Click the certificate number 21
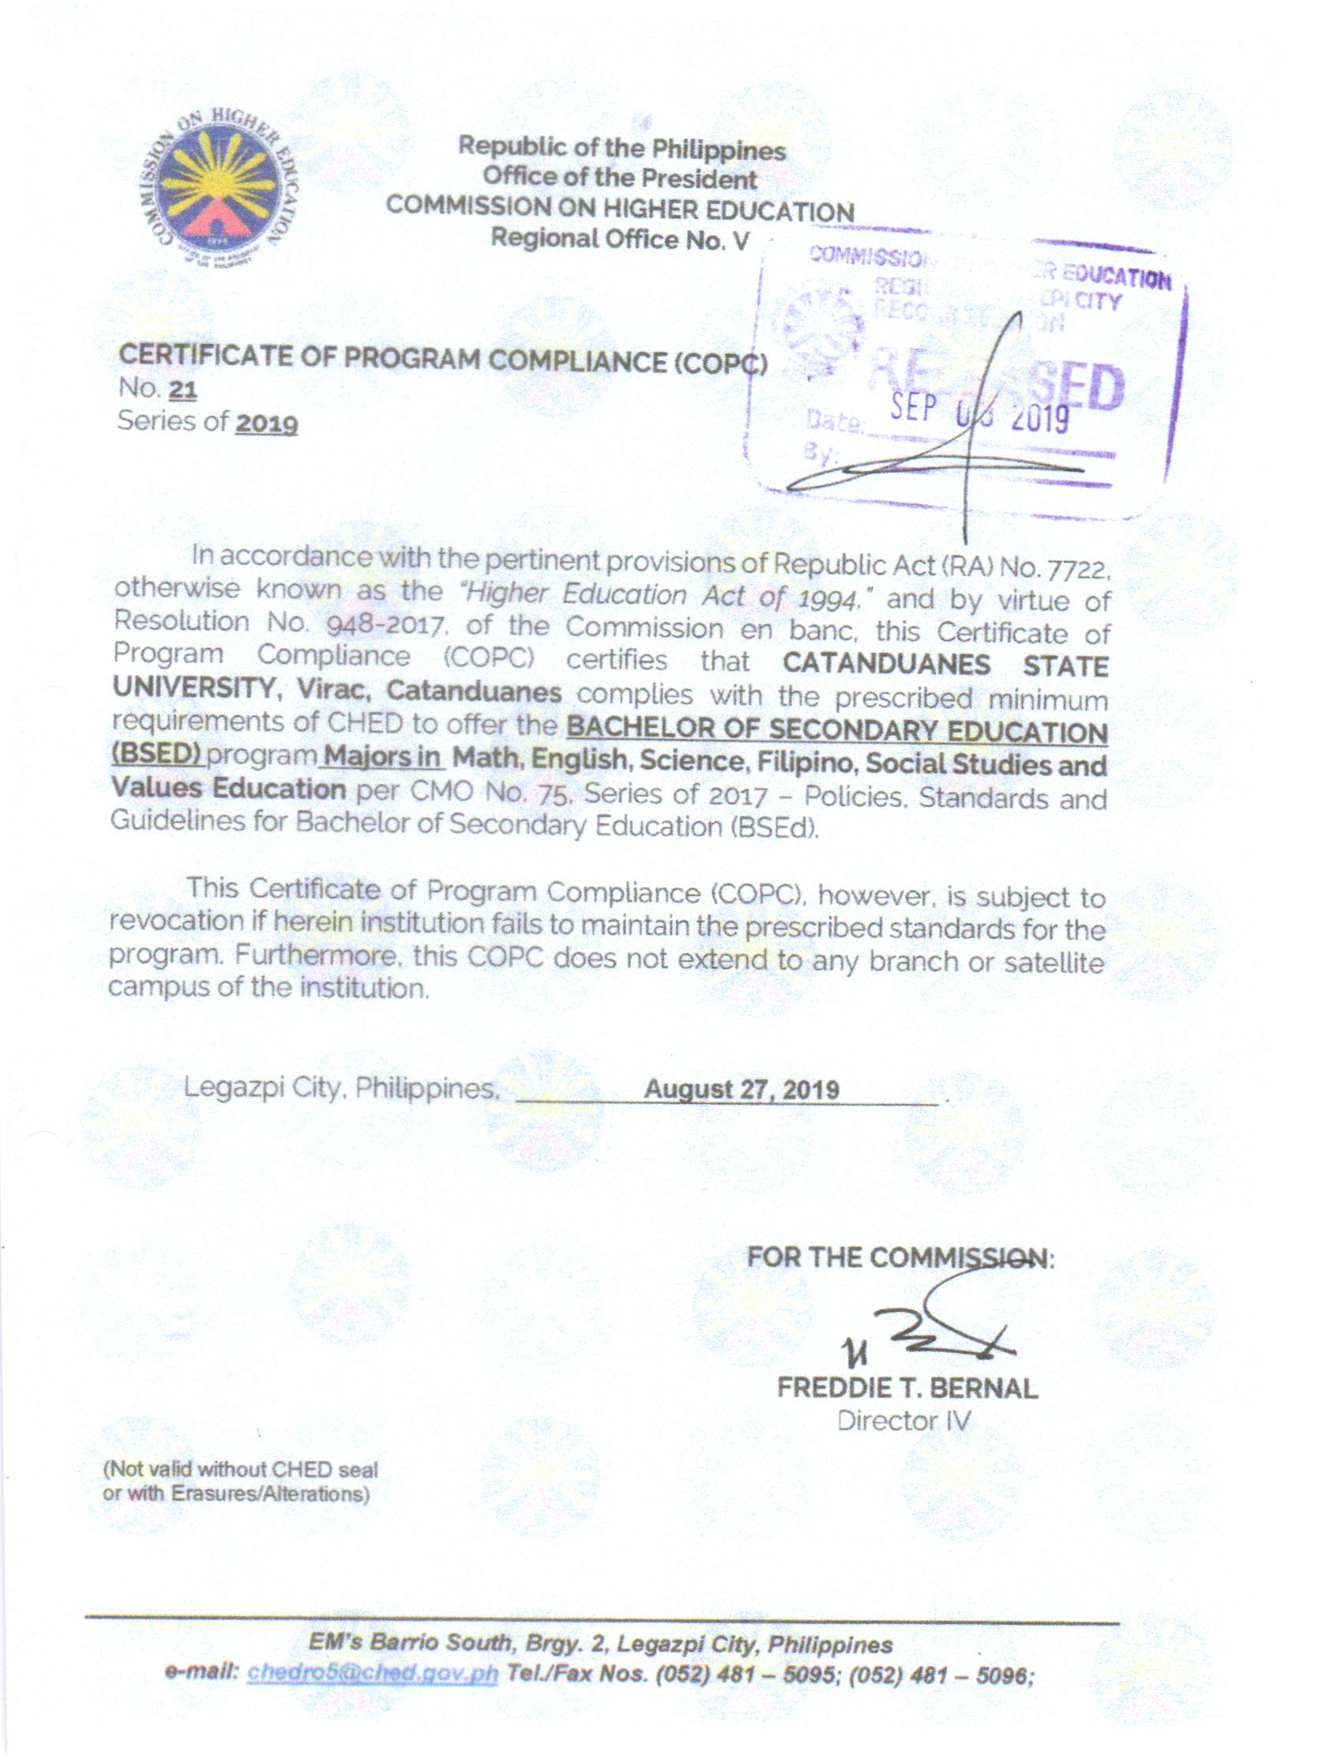(182, 390)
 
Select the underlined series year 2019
(266, 423)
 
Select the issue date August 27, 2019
(742, 1089)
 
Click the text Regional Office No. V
(619, 239)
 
